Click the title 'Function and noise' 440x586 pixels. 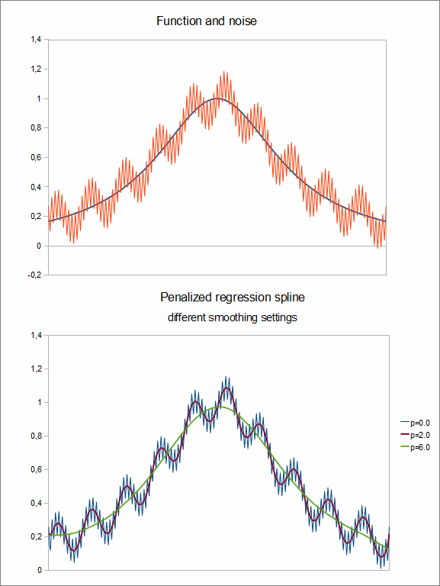click(207, 21)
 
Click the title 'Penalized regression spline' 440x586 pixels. click(233, 297)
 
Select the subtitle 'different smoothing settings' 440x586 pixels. click(233, 317)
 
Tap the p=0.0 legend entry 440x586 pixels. click(415, 423)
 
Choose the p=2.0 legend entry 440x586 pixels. click(415, 436)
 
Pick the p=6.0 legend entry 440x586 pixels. click(415, 447)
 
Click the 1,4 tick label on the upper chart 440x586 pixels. click(36, 39)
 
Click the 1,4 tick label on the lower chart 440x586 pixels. click(36, 335)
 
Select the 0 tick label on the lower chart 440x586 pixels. click(39, 570)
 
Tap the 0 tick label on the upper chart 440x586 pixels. click(39, 246)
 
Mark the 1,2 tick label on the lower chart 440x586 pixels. click(36, 369)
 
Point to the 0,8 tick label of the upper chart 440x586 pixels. click(36, 128)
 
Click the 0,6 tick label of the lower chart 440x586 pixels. click(36, 469)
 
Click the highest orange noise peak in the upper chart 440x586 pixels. click(224, 72)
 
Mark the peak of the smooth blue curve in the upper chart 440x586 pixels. click(217, 98)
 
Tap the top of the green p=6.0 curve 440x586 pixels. click(220, 407)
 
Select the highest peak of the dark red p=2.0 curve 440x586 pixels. click(226, 388)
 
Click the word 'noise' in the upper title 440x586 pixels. click(242, 21)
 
